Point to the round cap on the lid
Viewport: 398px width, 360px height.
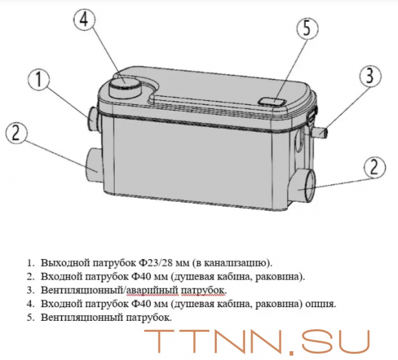(x=124, y=88)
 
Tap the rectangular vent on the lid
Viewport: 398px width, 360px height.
(x=272, y=102)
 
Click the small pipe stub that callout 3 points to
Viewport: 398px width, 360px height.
(x=320, y=133)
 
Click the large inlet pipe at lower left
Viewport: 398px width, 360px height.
(x=95, y=165)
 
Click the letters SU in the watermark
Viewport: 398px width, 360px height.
(x=336, y=343)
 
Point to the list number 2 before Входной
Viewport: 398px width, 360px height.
(x=30, y=277)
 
